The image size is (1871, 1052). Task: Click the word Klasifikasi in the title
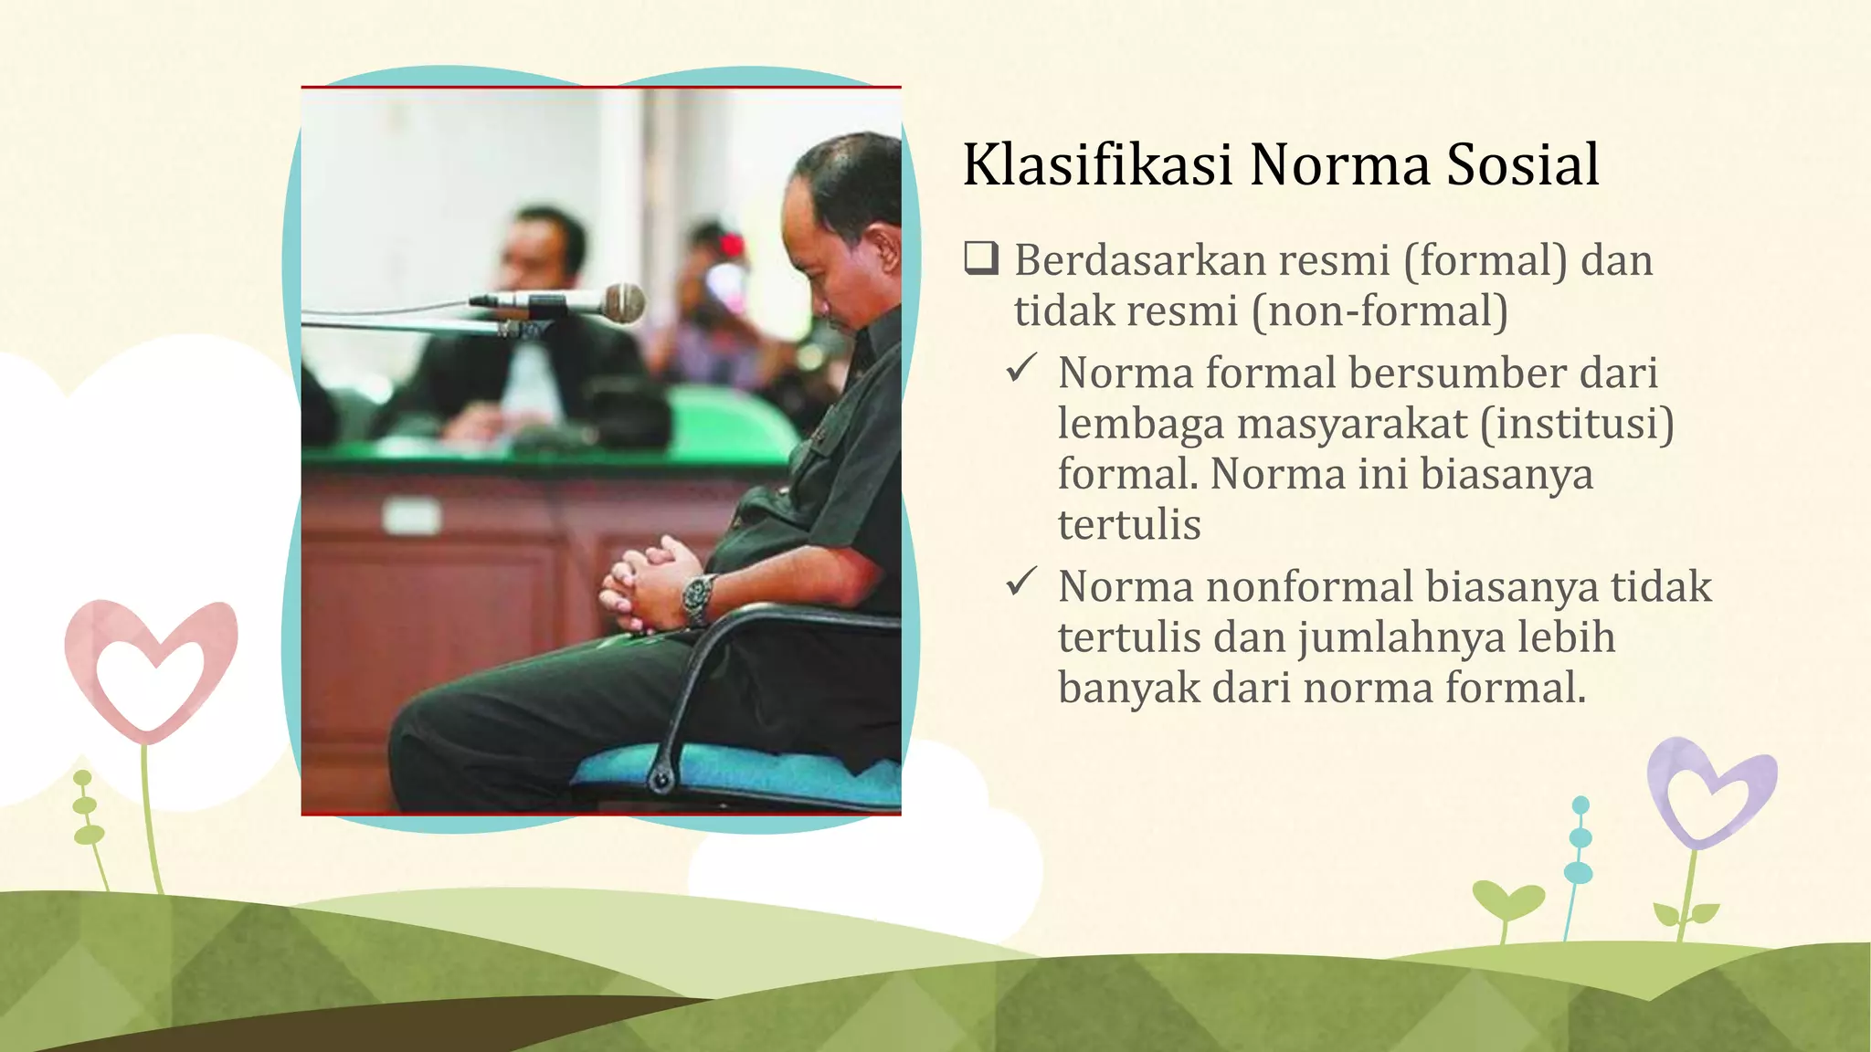click(1098, 165)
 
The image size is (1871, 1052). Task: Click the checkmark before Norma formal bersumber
click(1020, 370)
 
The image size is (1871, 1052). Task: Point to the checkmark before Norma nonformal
click(1020, 583)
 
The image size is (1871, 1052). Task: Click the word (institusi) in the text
click(1577, 424)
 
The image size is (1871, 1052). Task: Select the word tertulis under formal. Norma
click(1129, 525)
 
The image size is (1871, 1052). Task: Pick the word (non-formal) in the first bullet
click(1379, 311)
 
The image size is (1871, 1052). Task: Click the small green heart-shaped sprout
click(1507, 900)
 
